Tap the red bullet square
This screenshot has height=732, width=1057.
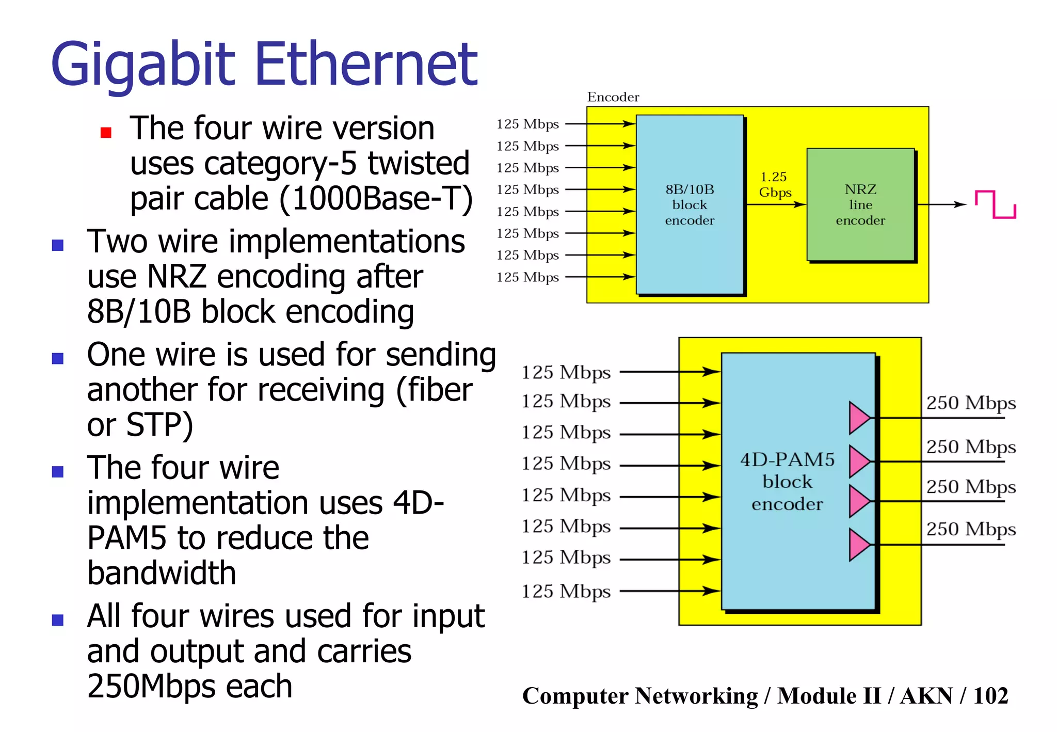point(106,133)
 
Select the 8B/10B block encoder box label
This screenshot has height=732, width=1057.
point(690,205)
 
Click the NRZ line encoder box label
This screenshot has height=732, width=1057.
point(860,205)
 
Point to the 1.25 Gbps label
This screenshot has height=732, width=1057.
point(774,185)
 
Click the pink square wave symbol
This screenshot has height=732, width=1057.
point(995,204)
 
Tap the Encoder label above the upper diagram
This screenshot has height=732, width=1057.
point(613,97)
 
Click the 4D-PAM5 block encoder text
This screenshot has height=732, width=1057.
point(787,482)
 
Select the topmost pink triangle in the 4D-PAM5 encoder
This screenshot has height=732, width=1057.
point(859,418)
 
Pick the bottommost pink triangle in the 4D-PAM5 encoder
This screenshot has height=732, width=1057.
point(859,545)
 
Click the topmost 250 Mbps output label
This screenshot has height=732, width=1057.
point(970,403)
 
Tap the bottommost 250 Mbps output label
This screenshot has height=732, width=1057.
point(970,529)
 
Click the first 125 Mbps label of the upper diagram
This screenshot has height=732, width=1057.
point(527,124)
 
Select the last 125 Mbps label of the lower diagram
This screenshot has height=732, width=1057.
point(566,591)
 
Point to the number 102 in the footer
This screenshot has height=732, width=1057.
point(990,695)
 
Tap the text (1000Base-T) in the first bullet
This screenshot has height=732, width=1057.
point(376,199)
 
